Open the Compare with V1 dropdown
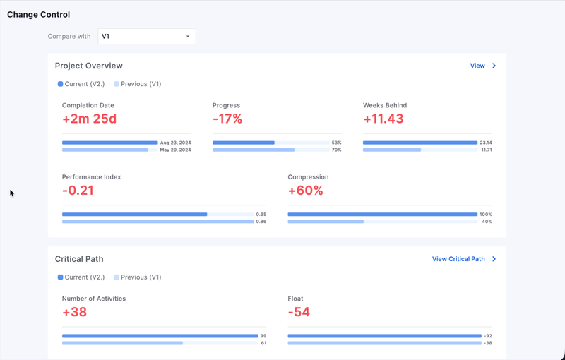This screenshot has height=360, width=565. [x=147, y=36]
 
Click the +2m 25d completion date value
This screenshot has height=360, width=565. [x=89, y=119]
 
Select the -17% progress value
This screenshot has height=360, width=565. [x=227, y=119]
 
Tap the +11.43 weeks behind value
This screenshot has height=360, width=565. [x=383, y=119]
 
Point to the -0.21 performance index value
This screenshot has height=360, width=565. [x=78, y=191]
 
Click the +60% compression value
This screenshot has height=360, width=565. [x=305, y=191]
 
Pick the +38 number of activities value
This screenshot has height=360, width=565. [x=74, y=312]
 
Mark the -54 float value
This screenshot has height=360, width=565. [x=299, y=312]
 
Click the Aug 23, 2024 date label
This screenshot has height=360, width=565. [x=175, y=143]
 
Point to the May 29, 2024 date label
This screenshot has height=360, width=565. [x=175, y=150]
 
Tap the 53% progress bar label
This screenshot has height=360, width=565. [x=336, y=143]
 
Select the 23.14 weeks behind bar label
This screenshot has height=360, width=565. [x=485, y=143]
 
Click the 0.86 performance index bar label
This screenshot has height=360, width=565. [x=261, y=222]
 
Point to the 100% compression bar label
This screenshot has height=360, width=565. [x=486, y=215]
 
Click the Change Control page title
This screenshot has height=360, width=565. [x=38, y=14]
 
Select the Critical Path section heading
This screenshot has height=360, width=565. [x=79, y=259]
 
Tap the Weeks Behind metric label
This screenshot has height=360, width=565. [x=385, y=105]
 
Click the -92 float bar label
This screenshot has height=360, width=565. [x=487, y=336]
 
